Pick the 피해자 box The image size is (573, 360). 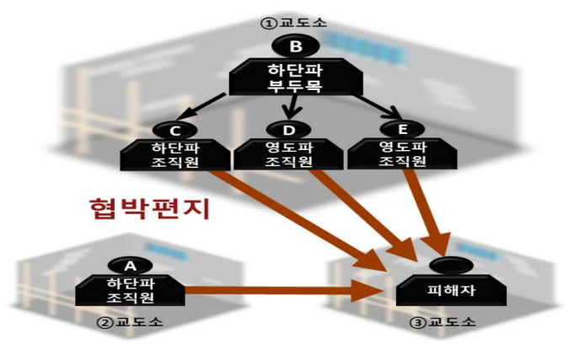tap(450, 292)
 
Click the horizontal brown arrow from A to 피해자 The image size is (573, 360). tap(278, 292)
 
